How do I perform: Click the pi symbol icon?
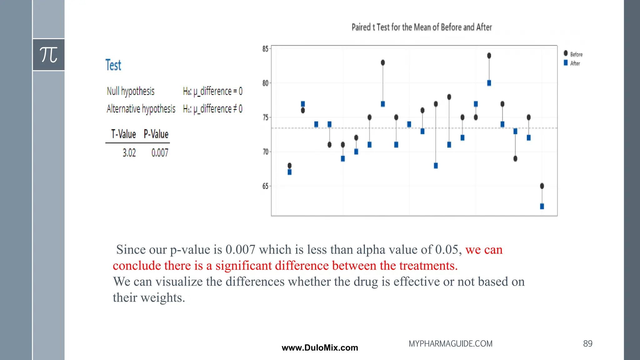(49, 55)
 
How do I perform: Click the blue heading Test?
(113, 65)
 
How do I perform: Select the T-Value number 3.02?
(129, 153)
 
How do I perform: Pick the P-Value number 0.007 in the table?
(160, 153)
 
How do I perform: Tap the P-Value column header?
(156, 134)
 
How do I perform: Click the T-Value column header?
(123, 134)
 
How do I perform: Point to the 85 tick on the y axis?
(265, 49)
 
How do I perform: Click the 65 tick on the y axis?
(265, 186)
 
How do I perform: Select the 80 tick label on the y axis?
(265, 83)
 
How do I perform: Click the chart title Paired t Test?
(422, 27)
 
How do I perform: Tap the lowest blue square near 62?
(542, 206)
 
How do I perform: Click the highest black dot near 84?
(489, 56)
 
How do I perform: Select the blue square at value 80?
(489, 83)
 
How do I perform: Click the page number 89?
(587, 343)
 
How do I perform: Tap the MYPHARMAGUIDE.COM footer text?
(450, 344)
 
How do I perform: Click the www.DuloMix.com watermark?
(320, 348)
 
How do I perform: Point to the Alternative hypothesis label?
(141, 109)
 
